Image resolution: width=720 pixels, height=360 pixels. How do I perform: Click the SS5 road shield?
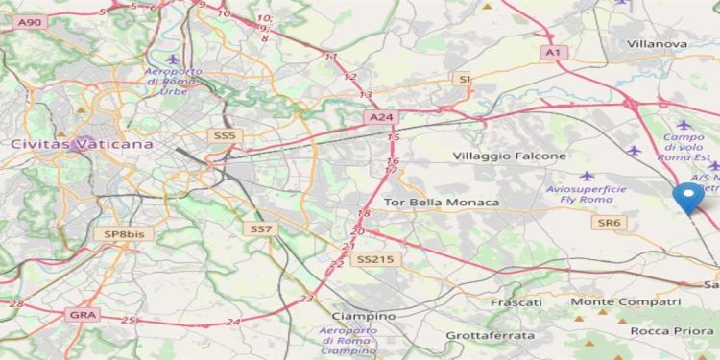coord(225,136)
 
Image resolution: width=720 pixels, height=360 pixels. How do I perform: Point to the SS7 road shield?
coord(261,228)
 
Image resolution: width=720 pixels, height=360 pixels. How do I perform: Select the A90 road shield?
coord(30,20)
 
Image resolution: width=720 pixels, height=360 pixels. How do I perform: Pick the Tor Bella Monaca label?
coord(441,203)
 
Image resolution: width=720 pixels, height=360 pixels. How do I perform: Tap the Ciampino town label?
coord(363,316)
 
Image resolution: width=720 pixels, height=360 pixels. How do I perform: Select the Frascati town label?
coord(516,301)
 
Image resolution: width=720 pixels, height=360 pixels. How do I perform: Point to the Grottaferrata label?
coord(487,335)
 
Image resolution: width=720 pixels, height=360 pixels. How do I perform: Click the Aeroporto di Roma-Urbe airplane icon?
coord(173,60)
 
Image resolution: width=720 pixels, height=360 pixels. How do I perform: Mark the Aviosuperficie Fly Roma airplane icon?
coord(587,176)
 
